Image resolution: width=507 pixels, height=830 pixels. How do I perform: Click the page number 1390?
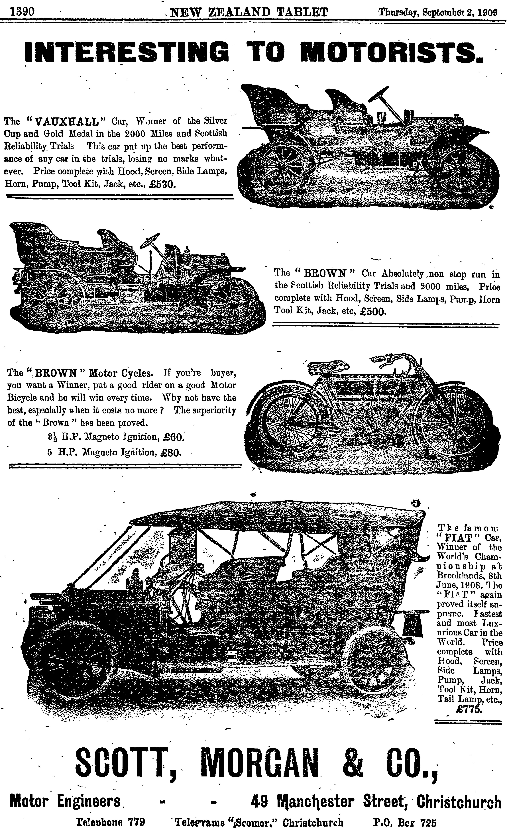click(22, 12)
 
